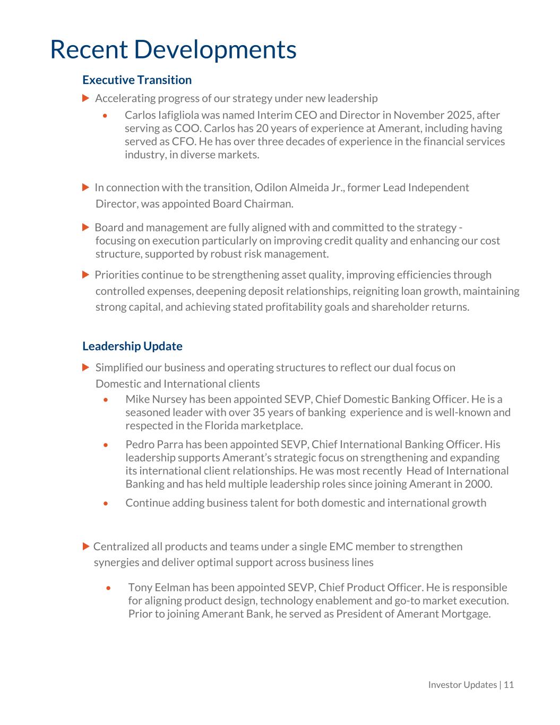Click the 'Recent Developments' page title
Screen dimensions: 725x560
pos(173,49)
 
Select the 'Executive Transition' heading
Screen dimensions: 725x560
pos(137,80)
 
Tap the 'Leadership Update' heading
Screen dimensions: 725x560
pos(132,346)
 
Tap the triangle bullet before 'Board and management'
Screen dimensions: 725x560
pos(86,227)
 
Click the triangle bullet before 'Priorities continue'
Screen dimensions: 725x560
pos(86,275)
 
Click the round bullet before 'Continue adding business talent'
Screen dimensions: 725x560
pos(106,503)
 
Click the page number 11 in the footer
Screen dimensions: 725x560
pos(509,685)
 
